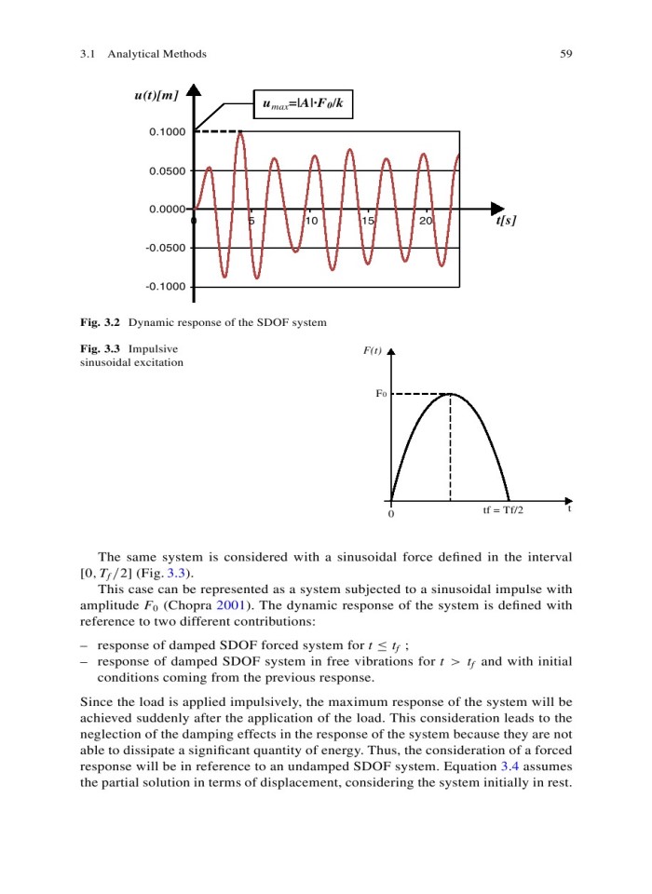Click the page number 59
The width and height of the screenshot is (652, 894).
pos(565,54)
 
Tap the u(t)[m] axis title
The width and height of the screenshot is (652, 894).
pos(156,95)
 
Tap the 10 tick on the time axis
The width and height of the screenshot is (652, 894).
pos(311,221)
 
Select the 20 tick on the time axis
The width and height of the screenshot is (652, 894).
pos(426,221)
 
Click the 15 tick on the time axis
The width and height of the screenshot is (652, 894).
pos(369,221)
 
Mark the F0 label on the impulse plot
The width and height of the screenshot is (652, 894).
pos(381,394)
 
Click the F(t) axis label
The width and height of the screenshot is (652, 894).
pos(373,351)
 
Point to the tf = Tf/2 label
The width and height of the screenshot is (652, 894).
pos(503,511)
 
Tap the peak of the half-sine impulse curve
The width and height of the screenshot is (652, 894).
pos(450,393)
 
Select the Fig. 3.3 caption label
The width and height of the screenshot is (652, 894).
pos(101,349)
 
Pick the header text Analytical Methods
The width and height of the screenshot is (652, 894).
pos(157,54)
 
